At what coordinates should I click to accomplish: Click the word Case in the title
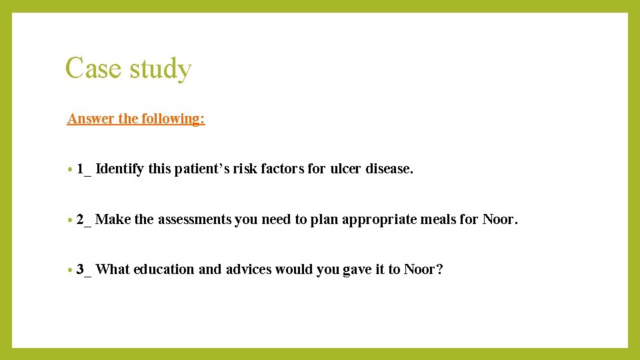[x=89, y=69]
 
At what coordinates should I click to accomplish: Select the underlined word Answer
[x=91, y=119]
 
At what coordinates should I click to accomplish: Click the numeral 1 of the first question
[x=80, y=169]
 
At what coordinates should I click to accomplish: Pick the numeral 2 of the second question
[x=80, y=219]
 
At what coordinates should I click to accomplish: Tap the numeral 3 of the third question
[x=80, y=269]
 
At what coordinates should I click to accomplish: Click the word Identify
[x=120, y=169]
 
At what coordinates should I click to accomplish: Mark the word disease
[x=389, y=169]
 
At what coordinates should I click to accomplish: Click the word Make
[x=113, y=219]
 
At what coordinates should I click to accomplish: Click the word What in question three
[x=113, y=269]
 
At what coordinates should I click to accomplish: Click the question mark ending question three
[x=439, y=269]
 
